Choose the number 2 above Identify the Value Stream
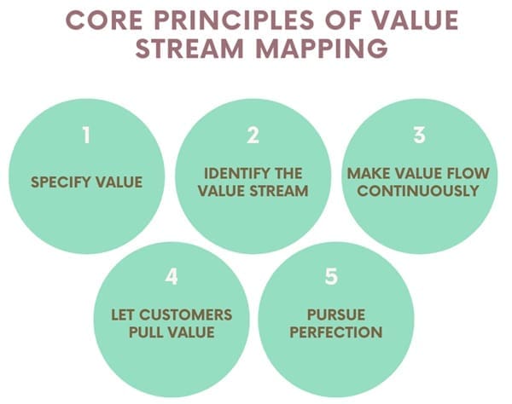(253, 135)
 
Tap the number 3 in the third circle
(418, 135)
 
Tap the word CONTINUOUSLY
(418, 191)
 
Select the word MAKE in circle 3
(367, 174)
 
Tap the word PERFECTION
(335, 332)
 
